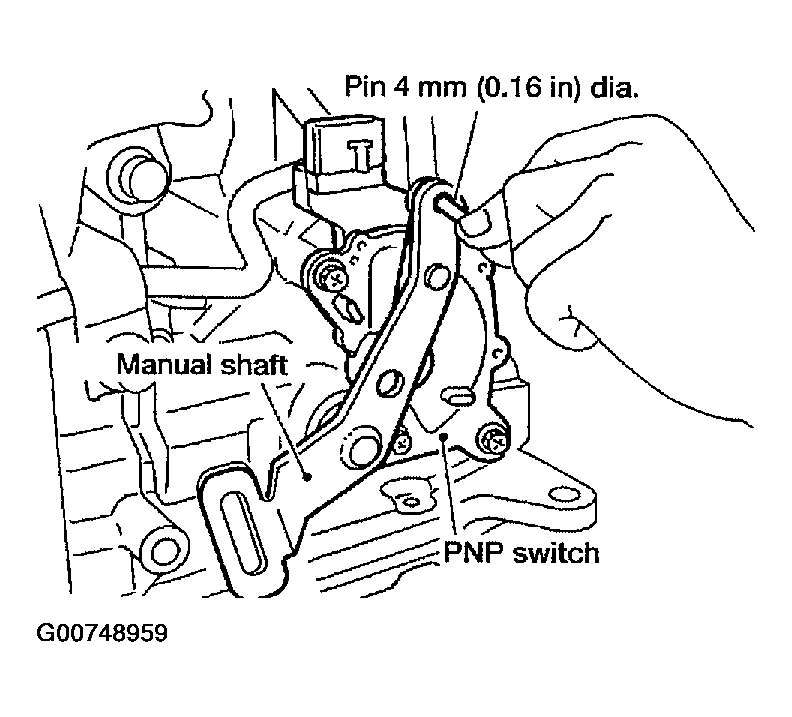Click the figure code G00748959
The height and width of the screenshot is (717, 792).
pos(102,633)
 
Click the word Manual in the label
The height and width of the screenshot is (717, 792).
pos(164,364)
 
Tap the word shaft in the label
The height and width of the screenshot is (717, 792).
pos(254,364)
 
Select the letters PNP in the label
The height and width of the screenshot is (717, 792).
pos(473,553)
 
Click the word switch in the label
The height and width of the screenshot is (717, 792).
pos(556,553)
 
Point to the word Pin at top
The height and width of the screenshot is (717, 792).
pos(365,86)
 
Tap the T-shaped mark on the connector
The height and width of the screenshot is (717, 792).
pos(360,153)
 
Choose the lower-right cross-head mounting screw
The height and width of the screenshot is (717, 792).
pos(494,442)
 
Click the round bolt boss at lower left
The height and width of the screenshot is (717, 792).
pos(163,551)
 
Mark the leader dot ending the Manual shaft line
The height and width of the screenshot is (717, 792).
pos(306,476)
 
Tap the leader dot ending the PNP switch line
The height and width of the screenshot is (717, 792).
pos(443,436)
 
